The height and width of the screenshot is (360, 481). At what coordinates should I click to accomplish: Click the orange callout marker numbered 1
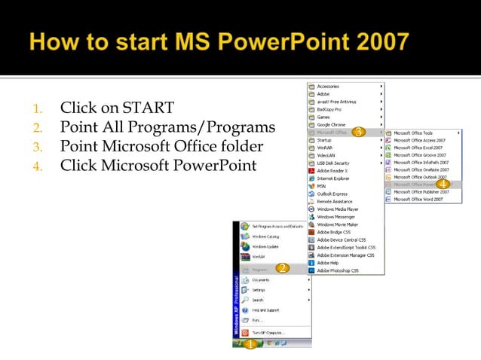250,344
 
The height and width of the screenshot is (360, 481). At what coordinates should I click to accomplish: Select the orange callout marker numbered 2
282,268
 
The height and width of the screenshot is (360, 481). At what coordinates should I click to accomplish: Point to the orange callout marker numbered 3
359,133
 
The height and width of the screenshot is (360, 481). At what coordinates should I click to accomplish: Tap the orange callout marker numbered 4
443,184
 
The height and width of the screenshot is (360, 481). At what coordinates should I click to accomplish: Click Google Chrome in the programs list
332,125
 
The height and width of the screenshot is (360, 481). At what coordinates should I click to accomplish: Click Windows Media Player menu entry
338,209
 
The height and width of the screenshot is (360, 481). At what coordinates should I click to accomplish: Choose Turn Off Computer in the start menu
269,332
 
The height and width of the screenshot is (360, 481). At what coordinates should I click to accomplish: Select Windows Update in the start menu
265,246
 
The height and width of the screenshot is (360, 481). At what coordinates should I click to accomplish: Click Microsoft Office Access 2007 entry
420,140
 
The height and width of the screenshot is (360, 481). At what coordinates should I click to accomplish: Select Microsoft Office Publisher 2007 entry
421,192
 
